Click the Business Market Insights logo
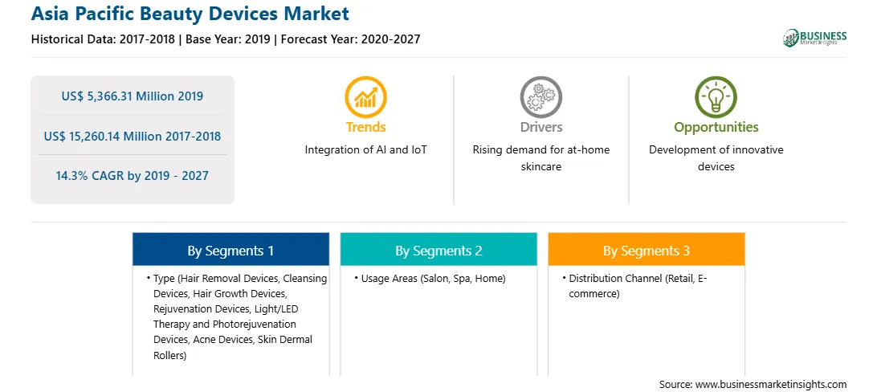click(815, 38)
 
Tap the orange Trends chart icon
click(365, 96)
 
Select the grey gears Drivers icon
click(540, 96)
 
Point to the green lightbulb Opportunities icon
click(716, 96)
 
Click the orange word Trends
click(365, 127)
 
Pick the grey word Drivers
click(540, 127)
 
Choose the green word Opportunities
click(716, 128)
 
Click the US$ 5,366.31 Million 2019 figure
click(132, 96)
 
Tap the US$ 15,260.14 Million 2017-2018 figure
click(132, 136)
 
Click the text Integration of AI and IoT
click(365, 150)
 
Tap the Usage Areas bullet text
click(433, 279)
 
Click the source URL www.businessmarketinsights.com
click(770, 384)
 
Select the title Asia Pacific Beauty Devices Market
click(190, 14)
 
